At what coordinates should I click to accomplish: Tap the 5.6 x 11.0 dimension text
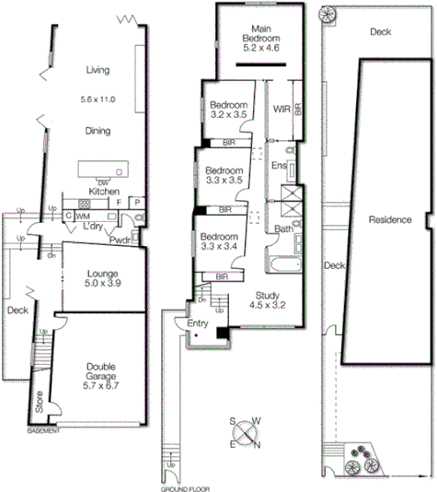click(x=98, y=98)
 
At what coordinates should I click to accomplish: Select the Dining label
click(x=98, y=131)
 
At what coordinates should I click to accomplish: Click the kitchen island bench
click(x=102, y=170)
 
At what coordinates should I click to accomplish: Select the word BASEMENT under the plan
click(x=44, y=431)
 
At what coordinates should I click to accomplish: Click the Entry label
click(x=199, y=323)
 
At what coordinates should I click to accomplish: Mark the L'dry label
click(x=92, y=227)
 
